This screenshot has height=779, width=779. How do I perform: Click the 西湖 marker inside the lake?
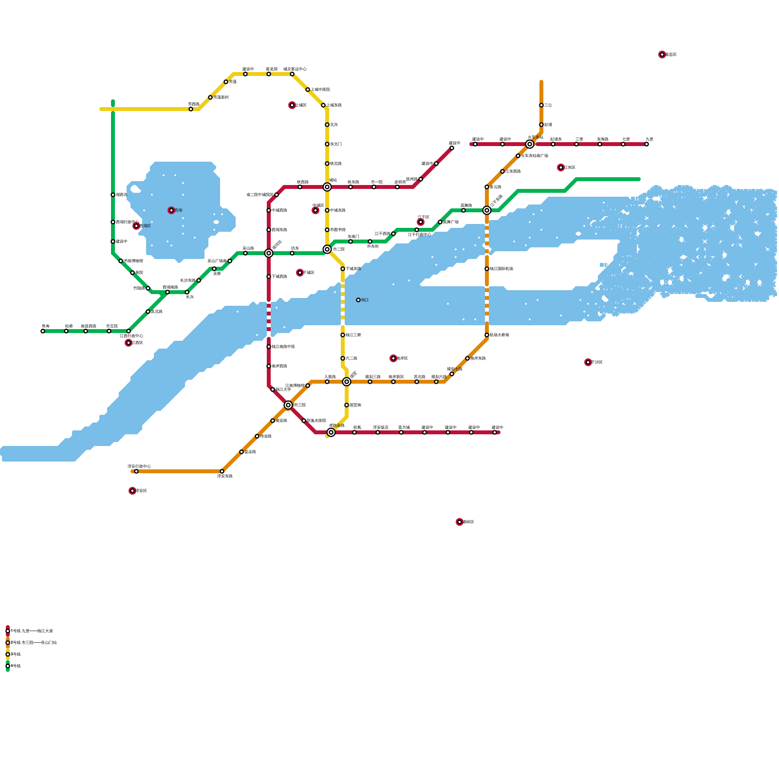[171, 210]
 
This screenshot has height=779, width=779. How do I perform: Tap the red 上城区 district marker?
[292, 105]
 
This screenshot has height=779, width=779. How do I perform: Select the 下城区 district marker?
[300, 273]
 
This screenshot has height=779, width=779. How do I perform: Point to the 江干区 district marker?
[421, 222]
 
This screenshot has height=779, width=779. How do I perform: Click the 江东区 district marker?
[561, 167]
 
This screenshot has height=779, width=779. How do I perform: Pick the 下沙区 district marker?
[588, 362]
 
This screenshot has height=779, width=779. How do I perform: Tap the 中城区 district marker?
[315, 210]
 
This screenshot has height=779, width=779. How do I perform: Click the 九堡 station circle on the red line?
[647, 144]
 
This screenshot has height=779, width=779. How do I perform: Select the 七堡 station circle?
[623, 144]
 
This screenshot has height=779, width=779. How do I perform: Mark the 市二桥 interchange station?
[327, 249]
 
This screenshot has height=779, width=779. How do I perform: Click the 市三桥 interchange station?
[288, 405]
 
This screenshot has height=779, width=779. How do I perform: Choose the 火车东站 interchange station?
[530, 144]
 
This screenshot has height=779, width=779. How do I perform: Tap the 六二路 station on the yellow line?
[343, 358]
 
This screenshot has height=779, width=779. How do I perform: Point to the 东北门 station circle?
[327, 144]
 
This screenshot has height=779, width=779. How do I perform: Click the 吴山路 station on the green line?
[245, 253]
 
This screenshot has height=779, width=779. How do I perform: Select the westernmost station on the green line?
[43, 331]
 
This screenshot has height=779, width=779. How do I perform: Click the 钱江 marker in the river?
[358, 300]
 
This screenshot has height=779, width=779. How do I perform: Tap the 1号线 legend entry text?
[31, 631]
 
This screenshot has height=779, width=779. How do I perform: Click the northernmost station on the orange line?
[541, 105]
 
